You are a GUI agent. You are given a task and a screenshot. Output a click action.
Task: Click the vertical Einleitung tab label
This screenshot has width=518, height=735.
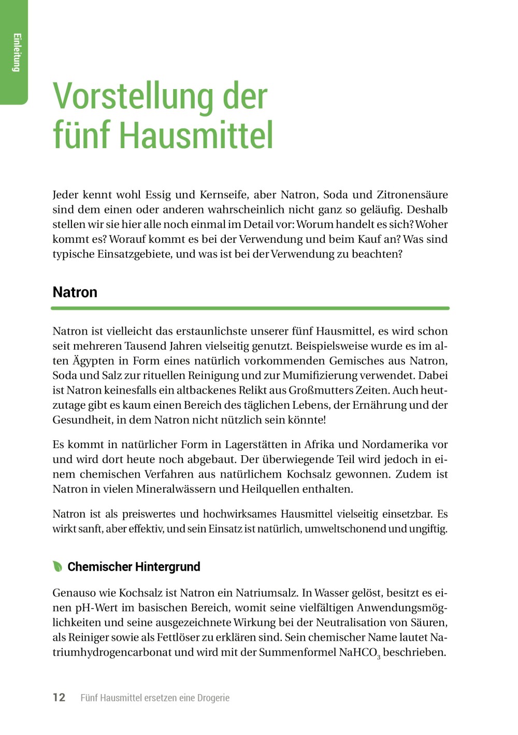17,52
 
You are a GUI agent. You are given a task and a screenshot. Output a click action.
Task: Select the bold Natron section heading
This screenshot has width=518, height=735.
75,292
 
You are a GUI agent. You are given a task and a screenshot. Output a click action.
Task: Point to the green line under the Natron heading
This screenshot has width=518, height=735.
250,308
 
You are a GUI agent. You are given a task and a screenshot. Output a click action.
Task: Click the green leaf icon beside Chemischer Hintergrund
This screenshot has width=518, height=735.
57,566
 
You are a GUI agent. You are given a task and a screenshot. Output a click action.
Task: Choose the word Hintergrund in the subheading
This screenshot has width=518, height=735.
166,567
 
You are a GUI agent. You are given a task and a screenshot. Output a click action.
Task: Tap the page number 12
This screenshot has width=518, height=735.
59,697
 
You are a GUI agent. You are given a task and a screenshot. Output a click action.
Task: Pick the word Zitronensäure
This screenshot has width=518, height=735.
412,195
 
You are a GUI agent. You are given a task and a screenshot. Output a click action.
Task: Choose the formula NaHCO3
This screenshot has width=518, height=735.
359,653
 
